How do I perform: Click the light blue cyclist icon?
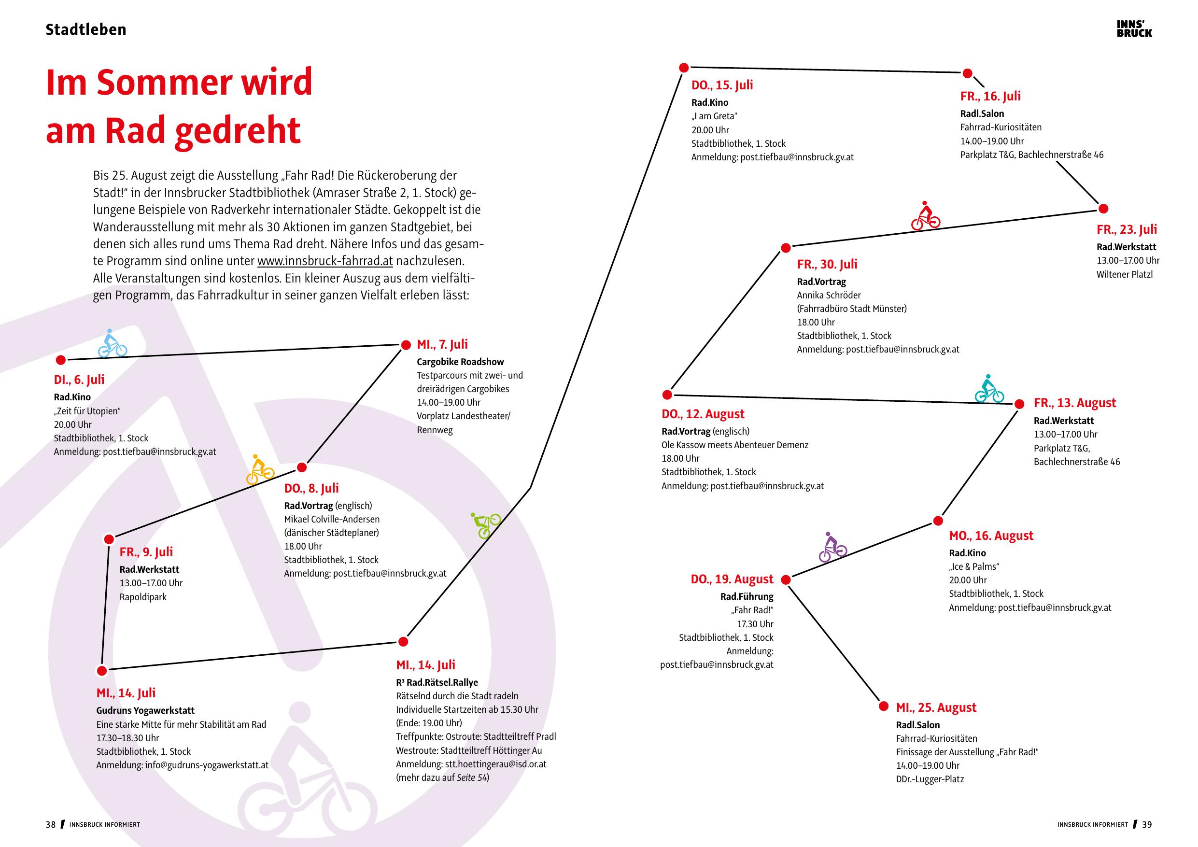pos(112,343)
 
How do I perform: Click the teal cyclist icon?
pos(989,389)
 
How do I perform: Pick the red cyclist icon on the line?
pos(925,215)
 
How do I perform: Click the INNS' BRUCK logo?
pos(1134,28)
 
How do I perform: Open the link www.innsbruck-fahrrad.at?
pos(324,261)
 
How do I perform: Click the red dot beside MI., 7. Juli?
pos(406,345)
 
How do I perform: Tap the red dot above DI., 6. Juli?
pos(60,360)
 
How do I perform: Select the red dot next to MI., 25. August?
pos(883,706)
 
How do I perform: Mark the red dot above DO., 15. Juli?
pos(684,67)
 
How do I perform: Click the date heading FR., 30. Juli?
pos(827,264)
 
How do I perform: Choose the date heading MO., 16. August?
pos(991,536)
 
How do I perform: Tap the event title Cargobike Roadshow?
pos(460,362)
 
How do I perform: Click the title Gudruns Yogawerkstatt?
pos(145,710)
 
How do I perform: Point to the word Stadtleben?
pos(85,29)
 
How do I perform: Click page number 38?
pos(50,825)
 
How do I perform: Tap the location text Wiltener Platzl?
pos(1125,274)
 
